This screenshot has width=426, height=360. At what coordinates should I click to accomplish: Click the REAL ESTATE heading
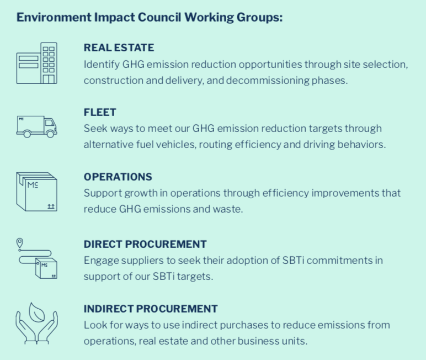click(x=119, y=47)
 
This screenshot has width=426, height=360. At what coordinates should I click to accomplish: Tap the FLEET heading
click(x=100, y=112)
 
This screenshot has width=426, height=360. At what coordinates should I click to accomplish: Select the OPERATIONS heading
click(x=118, y=177)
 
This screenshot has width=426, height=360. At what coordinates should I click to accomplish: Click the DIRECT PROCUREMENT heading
click(x=145, y=244)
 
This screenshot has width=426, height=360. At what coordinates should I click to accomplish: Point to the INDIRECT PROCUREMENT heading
click(x=151, y=309)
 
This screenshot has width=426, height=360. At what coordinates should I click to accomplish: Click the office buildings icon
click(x=36, y=63)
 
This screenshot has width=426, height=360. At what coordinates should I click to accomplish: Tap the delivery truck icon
click(x=36, y=126)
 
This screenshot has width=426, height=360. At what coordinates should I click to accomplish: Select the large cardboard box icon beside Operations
click(x=36, y=192)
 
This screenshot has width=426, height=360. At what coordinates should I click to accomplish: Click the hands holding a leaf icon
click(x=36, y=324)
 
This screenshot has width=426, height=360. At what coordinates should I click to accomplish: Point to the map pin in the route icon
click(x=19, y=243)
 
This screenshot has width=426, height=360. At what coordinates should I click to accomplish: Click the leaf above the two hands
click(x=36, y=312)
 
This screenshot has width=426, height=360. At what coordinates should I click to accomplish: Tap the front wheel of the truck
click(x=50, y=134)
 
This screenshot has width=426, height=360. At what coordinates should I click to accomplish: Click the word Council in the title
click(x=159, y=17)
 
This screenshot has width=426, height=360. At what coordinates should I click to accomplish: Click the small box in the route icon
click(x=46, y=269)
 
